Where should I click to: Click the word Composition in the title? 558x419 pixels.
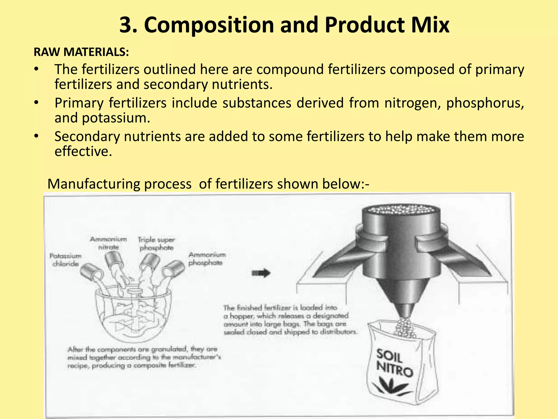pyautogui.click(x=208, y=25)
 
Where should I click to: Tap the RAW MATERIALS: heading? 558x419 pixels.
pyautogui.click(x=81, y=52)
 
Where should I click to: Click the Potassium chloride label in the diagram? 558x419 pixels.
pyautogui.click(x=65, y=260)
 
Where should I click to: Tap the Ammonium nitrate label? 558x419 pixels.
pyautogui.click(x=108, y=243)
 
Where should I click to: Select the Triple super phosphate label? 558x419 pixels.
pyautogui.click(x=156, y=244)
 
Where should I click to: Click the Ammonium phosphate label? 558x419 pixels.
pyautogui.click(x=207, y=259)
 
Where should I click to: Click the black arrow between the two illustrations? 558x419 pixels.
pyautogui.click(x=261, y=273)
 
